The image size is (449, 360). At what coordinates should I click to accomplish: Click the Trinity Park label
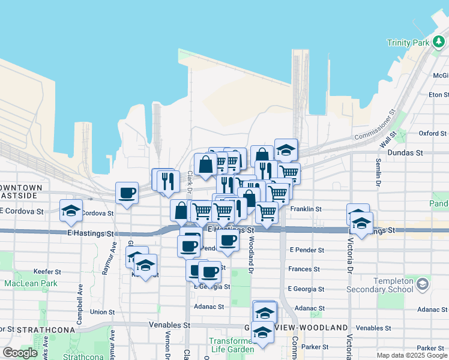(408, 43)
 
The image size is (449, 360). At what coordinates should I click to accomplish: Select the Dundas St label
(406, 153)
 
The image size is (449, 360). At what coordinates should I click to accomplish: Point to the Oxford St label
(433, 133)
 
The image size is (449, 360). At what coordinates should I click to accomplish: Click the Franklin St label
(306, 209)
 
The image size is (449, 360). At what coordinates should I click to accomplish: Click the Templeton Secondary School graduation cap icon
(423, 283)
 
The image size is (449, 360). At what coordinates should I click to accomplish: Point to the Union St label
(102, 312)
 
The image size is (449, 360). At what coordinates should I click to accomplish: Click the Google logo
(20, 352)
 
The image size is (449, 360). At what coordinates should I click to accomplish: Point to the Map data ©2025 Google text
(412, 355)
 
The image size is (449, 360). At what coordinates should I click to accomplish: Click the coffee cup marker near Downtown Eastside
(127, 193)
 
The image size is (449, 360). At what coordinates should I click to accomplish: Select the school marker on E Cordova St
(71, 210)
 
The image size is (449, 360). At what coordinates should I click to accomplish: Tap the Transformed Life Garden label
(231, 345)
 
